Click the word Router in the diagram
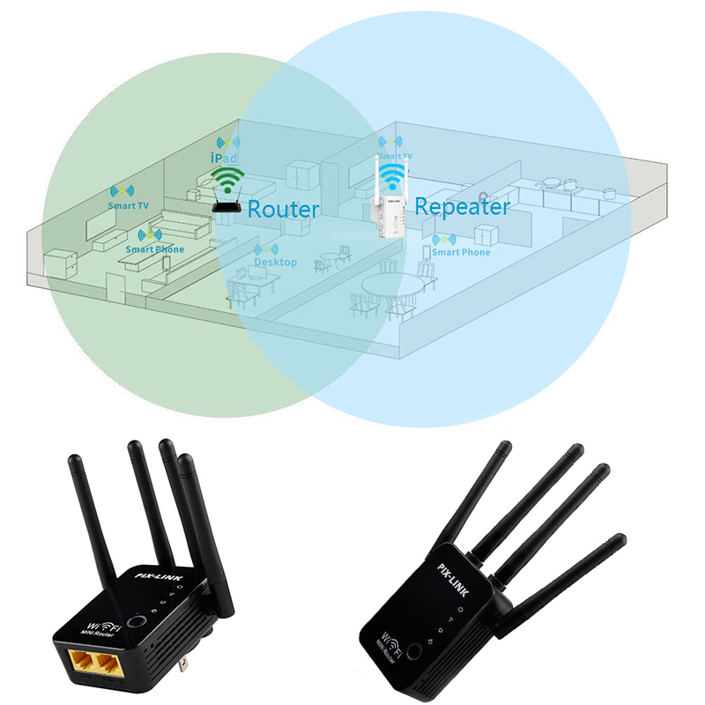(x=283, y=210)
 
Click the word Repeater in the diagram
(x=462, y=207)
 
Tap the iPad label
(x=225, y=156)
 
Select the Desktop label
(x=275, y=263)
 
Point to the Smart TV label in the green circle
(x=129, y=205)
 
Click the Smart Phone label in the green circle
(x=155, y=249)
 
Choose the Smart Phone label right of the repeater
(x=462, y=253)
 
